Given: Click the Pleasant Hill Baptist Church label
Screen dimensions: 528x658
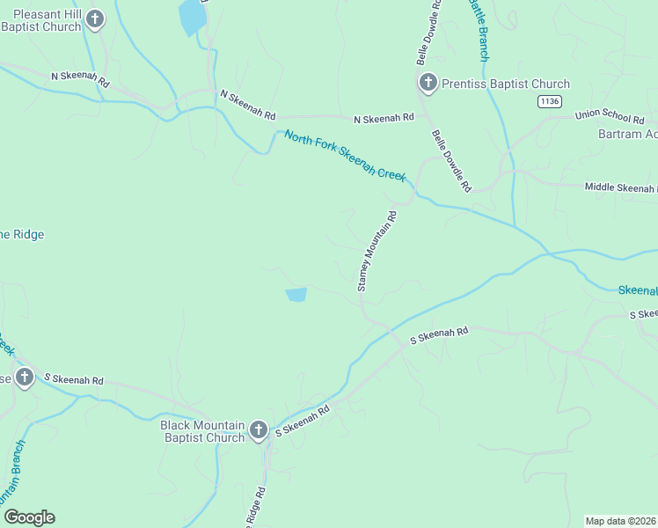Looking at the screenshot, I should [x=42, y=20].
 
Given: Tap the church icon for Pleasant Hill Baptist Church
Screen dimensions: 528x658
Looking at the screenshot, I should [x=97, y=18].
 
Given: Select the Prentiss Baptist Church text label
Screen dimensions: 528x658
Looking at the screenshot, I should [x=506, y=84].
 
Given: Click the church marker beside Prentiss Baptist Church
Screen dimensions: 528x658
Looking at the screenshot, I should [x=428, y=84].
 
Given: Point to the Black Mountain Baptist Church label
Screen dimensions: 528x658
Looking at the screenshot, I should [x=202, y=430].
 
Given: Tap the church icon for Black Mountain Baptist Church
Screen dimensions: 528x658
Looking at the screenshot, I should [x=258, y=430].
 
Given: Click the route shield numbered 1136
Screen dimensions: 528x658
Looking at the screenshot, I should [x=550, y=101].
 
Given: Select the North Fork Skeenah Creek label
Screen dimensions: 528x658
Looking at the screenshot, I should [x=345, y=156].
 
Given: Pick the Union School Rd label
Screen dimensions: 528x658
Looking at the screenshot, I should [x=610, y=117].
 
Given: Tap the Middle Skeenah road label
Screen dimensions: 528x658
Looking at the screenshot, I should [x=620, y=187].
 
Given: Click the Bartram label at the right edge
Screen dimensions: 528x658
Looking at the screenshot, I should [x=627, y=134].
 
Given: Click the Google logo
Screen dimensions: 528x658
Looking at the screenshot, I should [x=29, y=517].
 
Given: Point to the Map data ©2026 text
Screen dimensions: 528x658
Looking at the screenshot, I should [x=620, y=521].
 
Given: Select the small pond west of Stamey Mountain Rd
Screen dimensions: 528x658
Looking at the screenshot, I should [x=296, y=295].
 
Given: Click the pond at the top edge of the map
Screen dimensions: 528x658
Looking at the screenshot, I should [x=190, y=18].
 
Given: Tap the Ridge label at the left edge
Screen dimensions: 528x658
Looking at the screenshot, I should [x=22, y=234].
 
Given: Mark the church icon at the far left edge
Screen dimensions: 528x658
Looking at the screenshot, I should [x=25, y=378].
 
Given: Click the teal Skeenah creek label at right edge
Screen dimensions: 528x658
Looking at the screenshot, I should [x=638, y=290].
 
